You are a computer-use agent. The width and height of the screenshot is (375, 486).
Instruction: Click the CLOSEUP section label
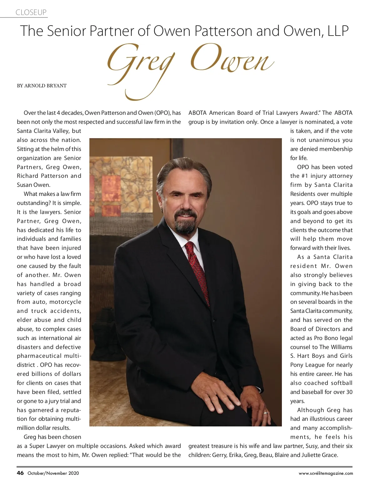coord(31,12)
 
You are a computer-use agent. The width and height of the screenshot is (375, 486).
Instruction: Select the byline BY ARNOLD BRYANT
coord(42,86)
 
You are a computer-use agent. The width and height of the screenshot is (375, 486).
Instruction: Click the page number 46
coord(20,473)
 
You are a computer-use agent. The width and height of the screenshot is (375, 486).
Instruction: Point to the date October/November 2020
coord(53,473)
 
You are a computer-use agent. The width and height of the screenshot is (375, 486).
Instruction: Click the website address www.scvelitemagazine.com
coord(326,473)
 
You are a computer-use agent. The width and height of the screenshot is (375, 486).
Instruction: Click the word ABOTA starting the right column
coord(197,113)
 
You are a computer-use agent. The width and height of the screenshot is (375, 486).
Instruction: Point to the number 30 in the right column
coord(349,392)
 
